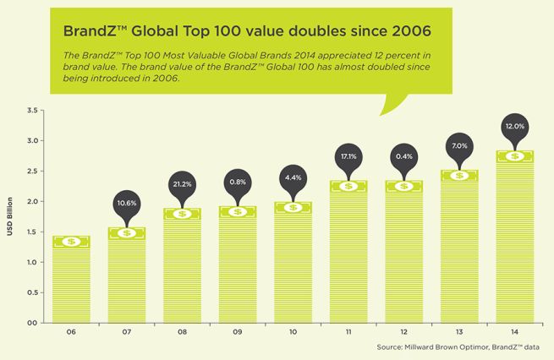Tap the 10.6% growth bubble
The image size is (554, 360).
click(x=126, y=203)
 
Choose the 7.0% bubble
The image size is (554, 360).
click(x=458, y=146)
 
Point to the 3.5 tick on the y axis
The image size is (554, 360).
click(x=32, y=111)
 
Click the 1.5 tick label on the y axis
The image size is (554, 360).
click(x=32, y=232)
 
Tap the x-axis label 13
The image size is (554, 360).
click(x=458, y=333)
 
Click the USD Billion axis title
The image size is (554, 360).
click(x=13, y=217)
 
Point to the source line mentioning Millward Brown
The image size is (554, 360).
click(x=463, y=347)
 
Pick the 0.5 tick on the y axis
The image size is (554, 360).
click(x=32, y=292)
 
